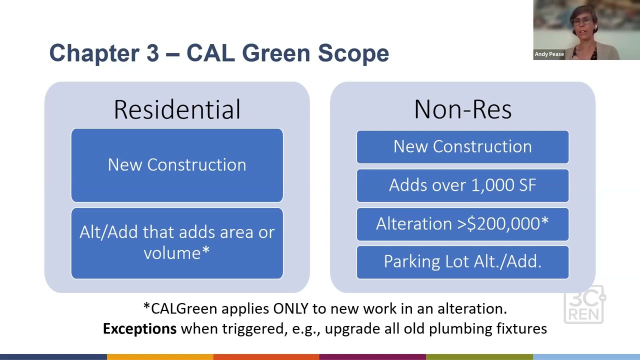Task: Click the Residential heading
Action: click(177, 109)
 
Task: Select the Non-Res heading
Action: click(462, 109)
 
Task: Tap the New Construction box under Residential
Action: click(177, 165)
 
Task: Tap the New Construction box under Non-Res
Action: click(462, 147)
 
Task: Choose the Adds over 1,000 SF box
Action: click(462, 185)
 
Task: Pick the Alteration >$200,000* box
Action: click(462, 224)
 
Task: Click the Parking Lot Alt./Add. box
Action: click(462, 262)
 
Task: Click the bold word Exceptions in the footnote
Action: click(139, 328)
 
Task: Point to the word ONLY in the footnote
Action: click(290, 308)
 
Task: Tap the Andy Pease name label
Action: click(549, 54)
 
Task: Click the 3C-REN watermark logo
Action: click(584, 305)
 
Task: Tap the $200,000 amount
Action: click(503, 224)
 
